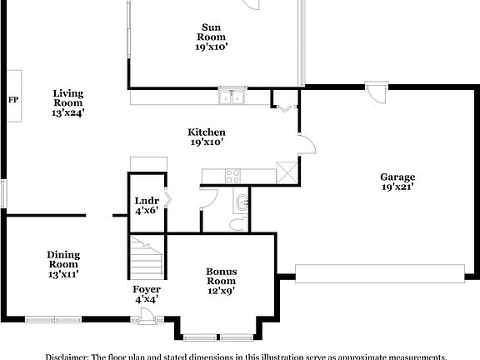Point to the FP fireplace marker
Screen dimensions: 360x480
13,99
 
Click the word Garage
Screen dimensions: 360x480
397,177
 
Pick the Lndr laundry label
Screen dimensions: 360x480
146,200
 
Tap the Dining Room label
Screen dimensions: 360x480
63,263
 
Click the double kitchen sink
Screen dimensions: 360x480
232,98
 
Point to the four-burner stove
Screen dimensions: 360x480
232,176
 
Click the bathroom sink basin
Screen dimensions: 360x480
242,202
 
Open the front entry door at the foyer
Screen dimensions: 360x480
147,315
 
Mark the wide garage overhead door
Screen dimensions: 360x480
380,273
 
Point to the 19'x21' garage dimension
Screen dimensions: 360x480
397,187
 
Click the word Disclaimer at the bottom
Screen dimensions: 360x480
67,354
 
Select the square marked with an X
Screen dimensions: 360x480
288,171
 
